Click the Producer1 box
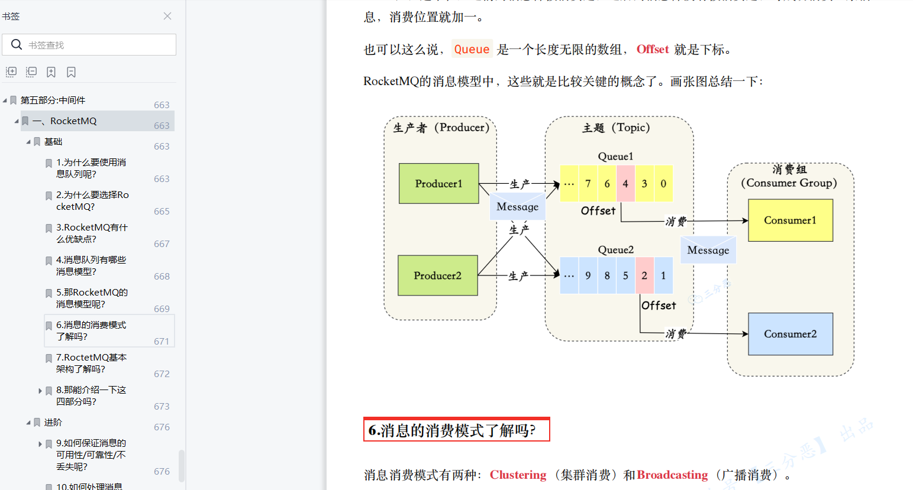pos(438,183)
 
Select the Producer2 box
pos(437,275)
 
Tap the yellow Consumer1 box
pos(790,220)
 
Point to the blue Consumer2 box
pos(790,334)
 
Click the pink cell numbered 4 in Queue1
pos(625,184)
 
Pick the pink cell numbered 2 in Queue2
pos(644,275)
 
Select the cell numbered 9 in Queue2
pos(588,275)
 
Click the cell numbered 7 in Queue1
pos(588,184)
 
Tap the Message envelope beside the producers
pos(517,207)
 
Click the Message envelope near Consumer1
pos(708,250)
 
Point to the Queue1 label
pos(615,157)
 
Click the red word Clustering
pos(518,475)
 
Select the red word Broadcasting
pos(672,475)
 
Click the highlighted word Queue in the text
pos(472,49)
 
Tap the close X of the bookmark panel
pos(167,16)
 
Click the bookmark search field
pos(95,45)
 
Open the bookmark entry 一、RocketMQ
pos(73,121)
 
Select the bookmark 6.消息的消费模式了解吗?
pos(91,330)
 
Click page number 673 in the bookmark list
pos(162,406)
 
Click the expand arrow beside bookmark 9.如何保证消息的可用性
pos(40,444)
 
